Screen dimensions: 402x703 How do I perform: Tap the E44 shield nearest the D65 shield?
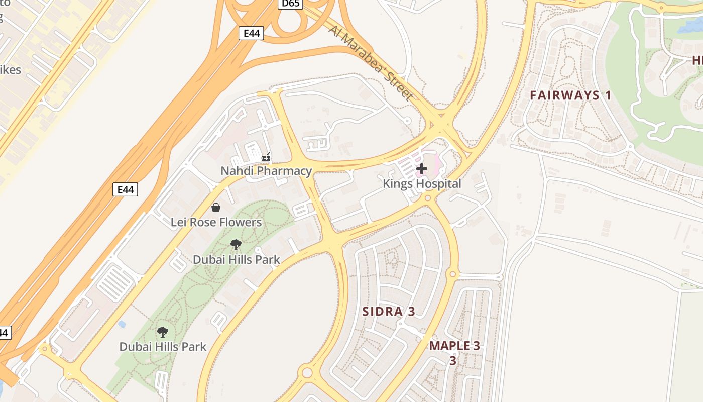[251, 33]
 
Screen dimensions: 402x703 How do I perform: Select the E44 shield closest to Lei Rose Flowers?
[125, 189]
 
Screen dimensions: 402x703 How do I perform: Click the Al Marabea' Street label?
[371, 62]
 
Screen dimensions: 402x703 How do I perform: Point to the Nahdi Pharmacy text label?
[266, 171]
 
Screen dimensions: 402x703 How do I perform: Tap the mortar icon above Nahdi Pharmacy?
[266, 157]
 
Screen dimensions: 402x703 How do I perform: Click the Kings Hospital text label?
[422, 183]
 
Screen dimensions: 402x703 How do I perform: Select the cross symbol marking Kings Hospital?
[422, 169]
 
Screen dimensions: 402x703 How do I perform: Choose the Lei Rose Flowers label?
[216, 222]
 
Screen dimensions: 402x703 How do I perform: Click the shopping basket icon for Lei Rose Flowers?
[216, 208]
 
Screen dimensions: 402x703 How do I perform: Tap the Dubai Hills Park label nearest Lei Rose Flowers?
[236, 260]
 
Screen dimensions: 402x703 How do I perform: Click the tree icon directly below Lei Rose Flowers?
[236, 245]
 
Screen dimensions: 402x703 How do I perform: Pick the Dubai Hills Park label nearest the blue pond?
[163, 346]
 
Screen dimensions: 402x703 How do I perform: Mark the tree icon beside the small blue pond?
[163, 332]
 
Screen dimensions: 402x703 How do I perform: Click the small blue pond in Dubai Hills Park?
[122, 324]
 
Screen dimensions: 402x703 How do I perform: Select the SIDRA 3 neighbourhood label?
[389, 311]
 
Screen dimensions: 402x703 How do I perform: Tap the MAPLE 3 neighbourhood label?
[454, 346]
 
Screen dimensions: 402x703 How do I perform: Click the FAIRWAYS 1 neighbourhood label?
[570, 95]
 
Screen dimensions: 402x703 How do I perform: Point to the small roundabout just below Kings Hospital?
[428, 198]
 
